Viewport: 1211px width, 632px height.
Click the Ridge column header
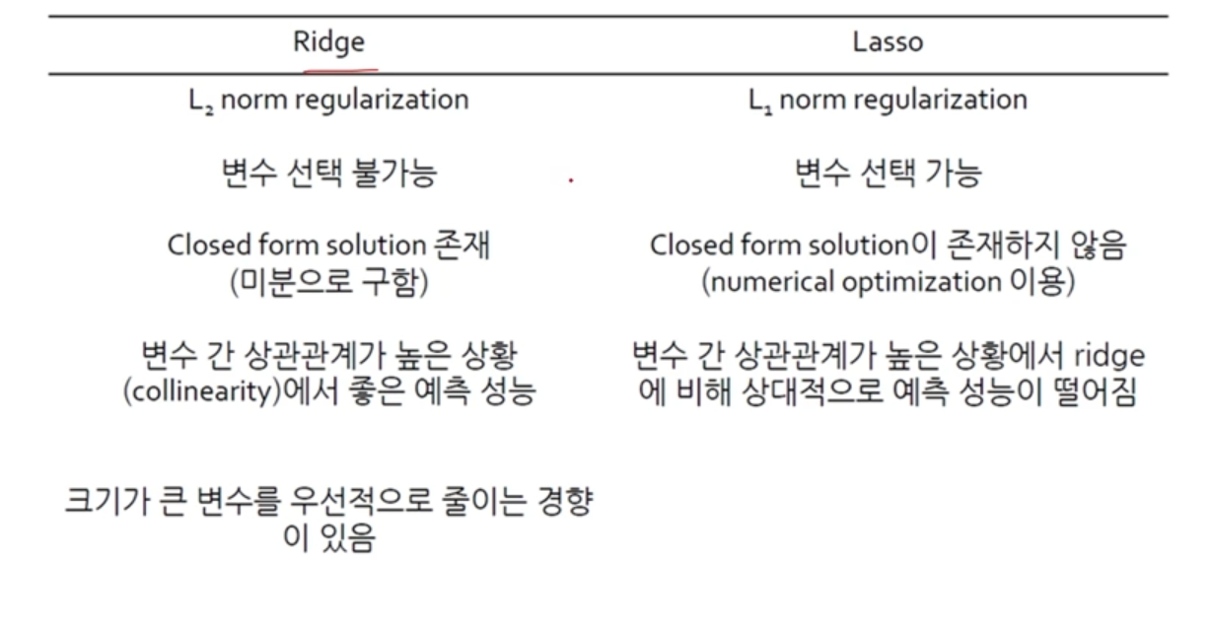[x=329, y=42]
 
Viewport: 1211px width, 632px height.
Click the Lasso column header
[x=888, y=42]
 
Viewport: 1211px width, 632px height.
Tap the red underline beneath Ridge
[x=340, y=70]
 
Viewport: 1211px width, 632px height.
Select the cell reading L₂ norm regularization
[x=328, y=100]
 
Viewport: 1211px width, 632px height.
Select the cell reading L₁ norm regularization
[x=888, y=100]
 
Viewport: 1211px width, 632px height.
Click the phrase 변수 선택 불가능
[x=328, y=174]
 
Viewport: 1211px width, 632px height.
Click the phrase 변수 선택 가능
[x=888, y=174]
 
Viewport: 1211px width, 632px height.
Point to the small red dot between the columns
[x=571, y=180]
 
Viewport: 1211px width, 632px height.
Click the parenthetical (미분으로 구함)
[x=328, y=283]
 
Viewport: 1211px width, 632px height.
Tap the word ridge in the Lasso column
[x=1110, y=355]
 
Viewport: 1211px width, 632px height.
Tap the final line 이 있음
[x=328, y=540]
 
